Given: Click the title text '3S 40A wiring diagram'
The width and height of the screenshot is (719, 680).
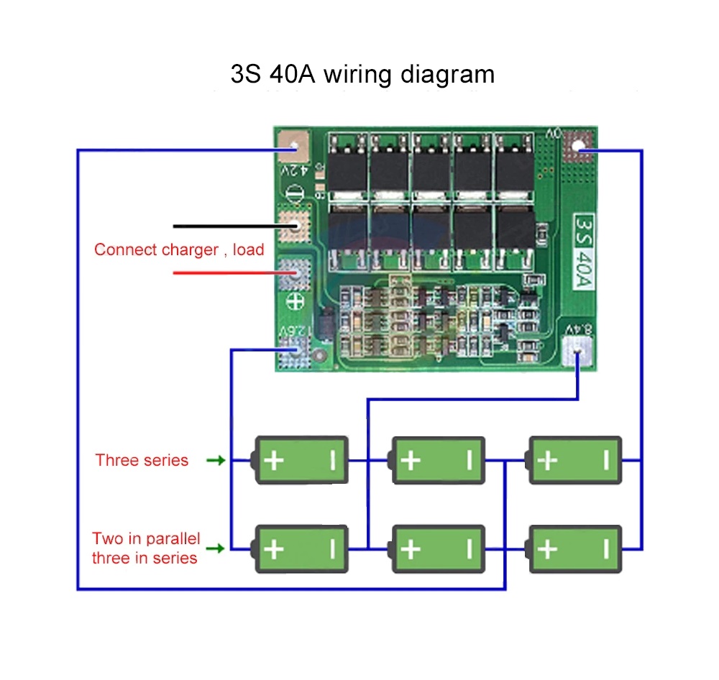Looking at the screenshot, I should click(x=362, y=74).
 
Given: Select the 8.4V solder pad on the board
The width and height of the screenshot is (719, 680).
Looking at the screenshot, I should click(x=580, y=353).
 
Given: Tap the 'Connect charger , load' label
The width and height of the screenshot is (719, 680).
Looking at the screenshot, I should click(x=179, y=250).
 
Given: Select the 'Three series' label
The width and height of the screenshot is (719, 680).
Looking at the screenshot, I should click(x=142, y=460).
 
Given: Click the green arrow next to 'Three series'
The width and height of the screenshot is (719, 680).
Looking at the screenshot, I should click(x=215, y=460).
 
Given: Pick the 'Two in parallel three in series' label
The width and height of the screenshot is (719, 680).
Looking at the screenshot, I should click(x=145, y=548).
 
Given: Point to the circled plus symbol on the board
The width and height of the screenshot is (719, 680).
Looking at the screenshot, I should click(x=293, y=303).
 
